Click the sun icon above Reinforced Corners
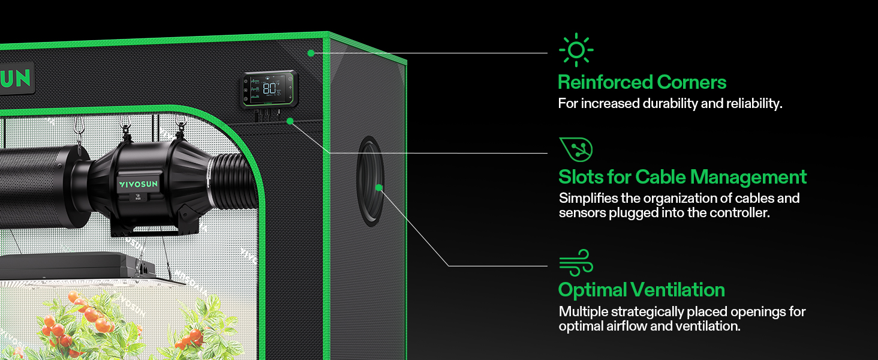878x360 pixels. click(576, 50)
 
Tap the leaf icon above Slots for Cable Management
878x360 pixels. click(576, 149)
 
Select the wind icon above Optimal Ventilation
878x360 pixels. click(576, 263)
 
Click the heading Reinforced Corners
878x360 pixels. click(642, 82)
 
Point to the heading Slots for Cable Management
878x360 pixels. click(682, 177)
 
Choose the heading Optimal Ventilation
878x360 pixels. click(641, 290)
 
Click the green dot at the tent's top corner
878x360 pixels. click(311, 53)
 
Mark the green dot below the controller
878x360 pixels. click(290, 121)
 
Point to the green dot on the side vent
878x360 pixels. click(379, 188)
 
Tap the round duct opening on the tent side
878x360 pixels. click(369, 180)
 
